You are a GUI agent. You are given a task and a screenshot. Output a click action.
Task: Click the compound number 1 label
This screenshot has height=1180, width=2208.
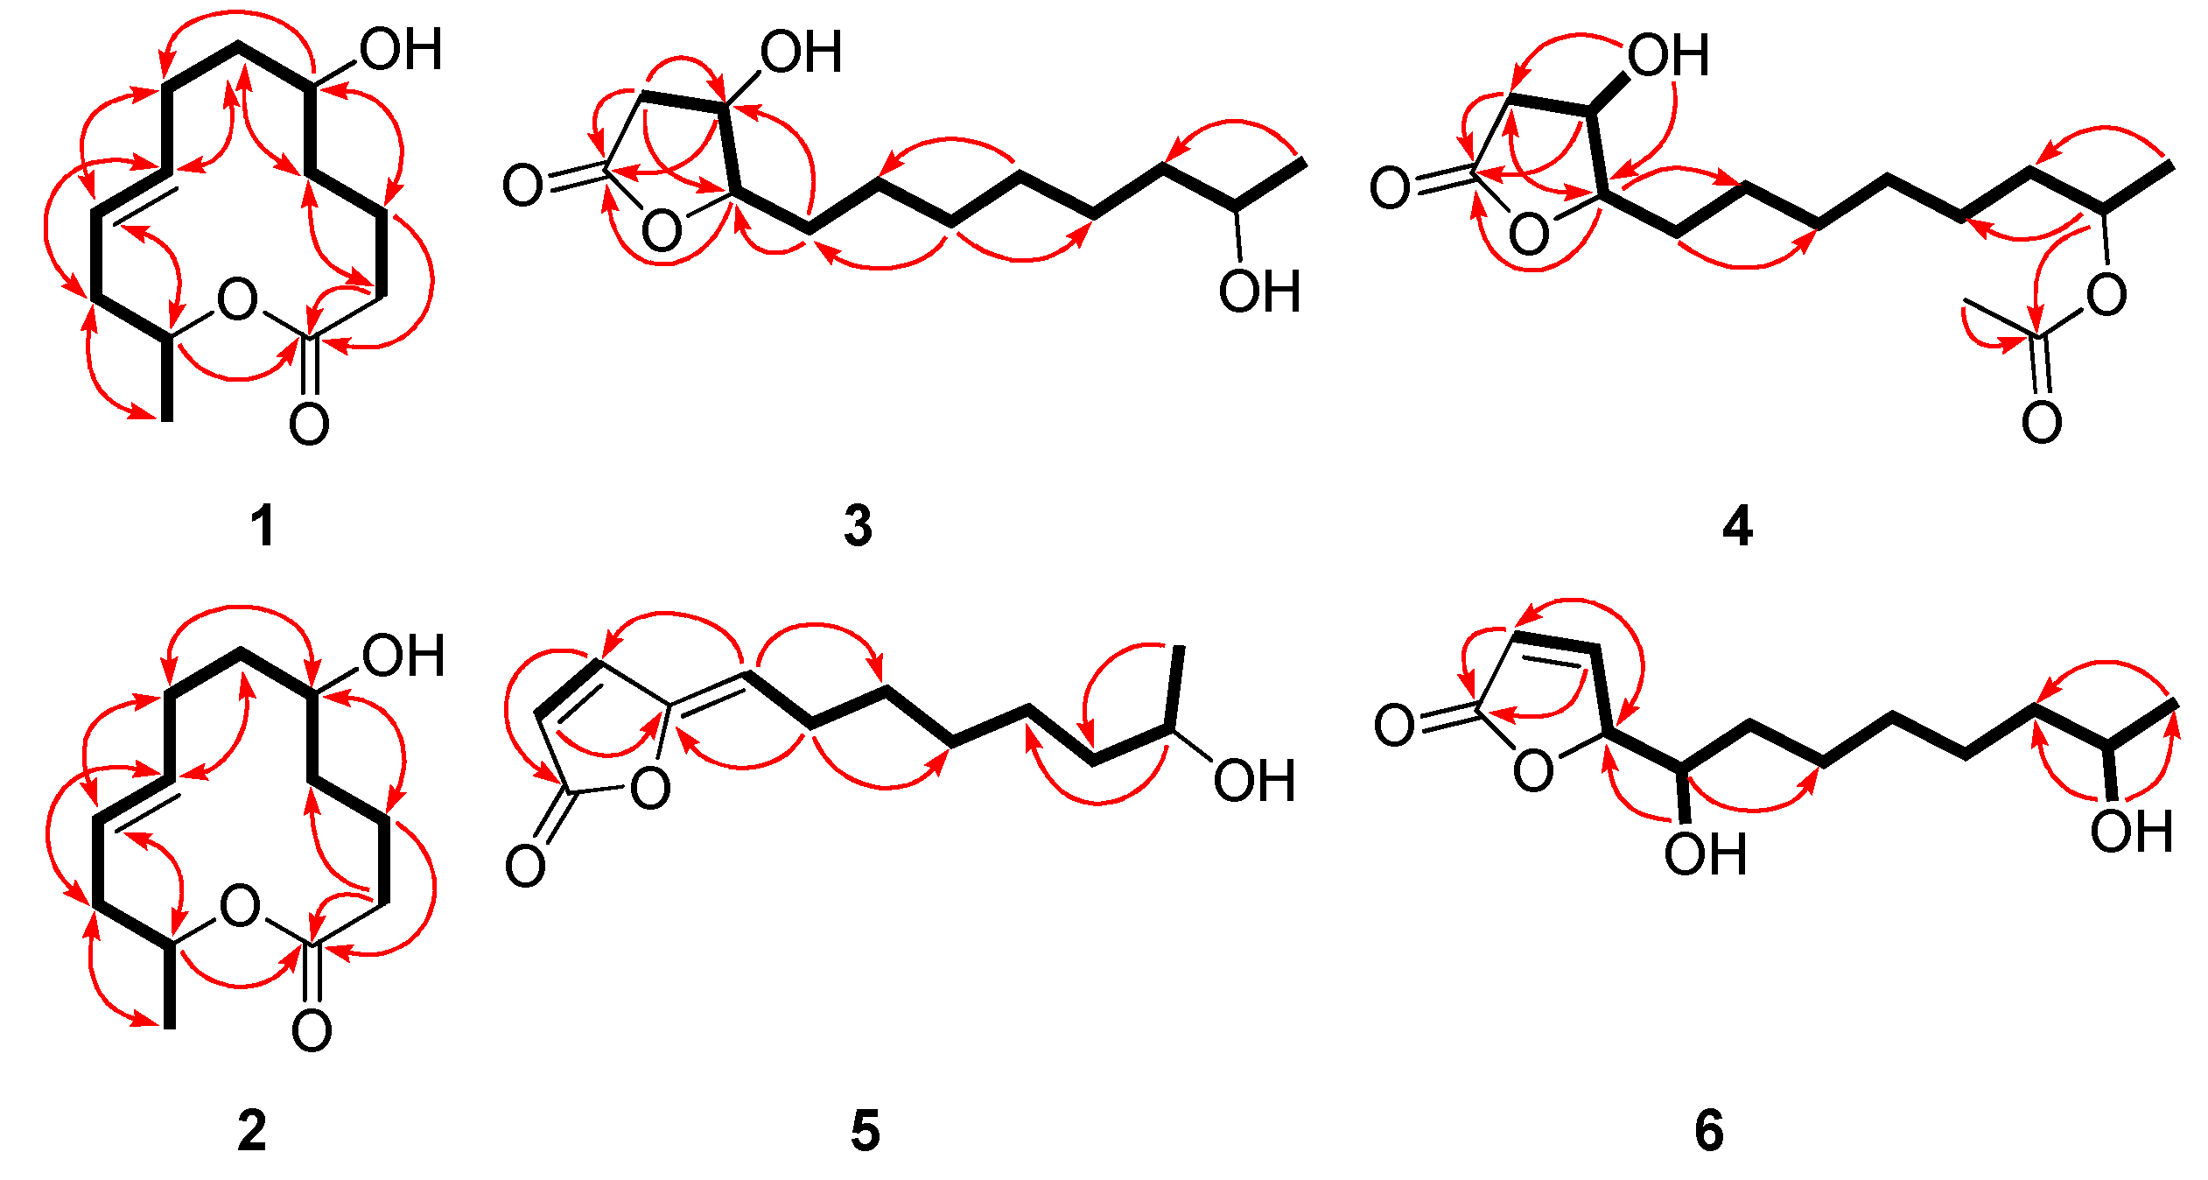click(x=263, y=527)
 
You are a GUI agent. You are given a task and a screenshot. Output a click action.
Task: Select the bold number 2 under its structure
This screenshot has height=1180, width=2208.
click(x=252, y=1131)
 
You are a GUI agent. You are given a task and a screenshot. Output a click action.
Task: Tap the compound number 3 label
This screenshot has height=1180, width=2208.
click(x=858, y=527)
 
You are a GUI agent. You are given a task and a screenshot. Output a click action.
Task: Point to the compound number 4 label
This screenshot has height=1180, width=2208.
click(x=1737, y=527)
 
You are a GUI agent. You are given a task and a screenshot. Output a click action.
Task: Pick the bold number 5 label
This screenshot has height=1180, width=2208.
click(x=865, y=1131)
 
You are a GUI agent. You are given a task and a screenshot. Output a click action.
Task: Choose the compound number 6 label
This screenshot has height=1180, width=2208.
click(x=1709, y=1131)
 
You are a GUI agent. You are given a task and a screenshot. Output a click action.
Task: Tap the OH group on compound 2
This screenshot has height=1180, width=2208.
click(x=403, y=657)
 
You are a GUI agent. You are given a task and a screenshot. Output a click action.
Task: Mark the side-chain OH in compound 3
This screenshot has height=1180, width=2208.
click(x=1259, y=291)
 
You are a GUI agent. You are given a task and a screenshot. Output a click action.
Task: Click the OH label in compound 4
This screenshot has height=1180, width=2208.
click(x=1668, y=55)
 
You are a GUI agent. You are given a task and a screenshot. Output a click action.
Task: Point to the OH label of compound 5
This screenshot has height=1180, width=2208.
click(x=1254, y=781)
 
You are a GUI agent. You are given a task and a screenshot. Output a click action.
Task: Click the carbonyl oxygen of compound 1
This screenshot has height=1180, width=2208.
click(x=309, y=425)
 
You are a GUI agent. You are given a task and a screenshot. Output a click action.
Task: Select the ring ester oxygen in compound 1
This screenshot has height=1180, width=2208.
click(x=237, y=299)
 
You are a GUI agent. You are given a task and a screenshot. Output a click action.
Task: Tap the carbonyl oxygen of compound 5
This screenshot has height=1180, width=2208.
click(x=525, y=867)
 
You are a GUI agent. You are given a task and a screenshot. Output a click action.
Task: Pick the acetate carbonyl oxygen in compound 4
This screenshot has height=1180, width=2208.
click(x=2042, y=422)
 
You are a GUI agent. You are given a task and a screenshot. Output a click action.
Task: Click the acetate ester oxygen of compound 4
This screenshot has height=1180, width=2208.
click(x=2106, y=295)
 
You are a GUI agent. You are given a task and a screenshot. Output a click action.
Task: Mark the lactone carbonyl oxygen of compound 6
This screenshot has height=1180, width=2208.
click(x=1394, y=726)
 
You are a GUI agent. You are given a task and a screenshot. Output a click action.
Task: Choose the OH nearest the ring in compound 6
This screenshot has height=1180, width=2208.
click(x=1705, y=854)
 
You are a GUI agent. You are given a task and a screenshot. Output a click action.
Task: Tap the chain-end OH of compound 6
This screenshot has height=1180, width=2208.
click(x=2132, y=831)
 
